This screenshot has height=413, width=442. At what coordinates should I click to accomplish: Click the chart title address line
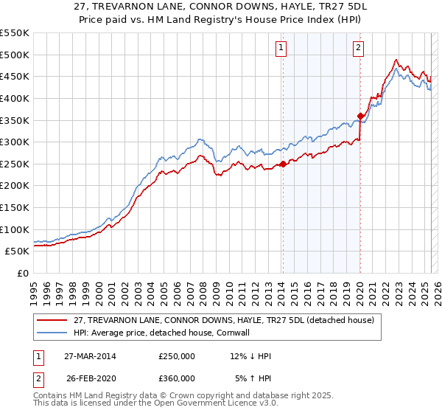[221, 7]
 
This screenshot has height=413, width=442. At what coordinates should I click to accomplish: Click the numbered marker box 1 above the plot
[282, 49]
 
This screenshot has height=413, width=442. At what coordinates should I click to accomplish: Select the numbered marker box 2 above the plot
[359, 49]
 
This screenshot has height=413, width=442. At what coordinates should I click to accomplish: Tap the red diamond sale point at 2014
[283, 164]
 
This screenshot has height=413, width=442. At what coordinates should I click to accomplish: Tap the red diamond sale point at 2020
[360, 116]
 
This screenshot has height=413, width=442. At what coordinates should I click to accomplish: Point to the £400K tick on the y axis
[16, 98]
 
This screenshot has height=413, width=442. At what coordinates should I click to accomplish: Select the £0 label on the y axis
[24, 273]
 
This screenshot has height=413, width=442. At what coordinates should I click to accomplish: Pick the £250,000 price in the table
[177, 356]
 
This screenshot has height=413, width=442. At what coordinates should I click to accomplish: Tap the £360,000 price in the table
[177, 378]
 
